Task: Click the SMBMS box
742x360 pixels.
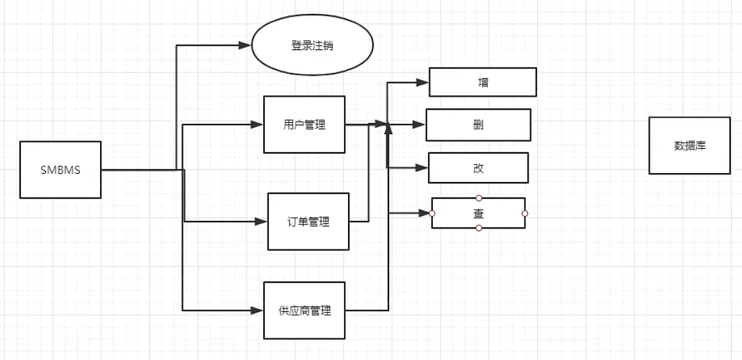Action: [x=60, y=170]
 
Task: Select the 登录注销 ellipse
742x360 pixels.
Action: [x=312, y=46]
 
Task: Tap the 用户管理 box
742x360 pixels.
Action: [x=304, y=124]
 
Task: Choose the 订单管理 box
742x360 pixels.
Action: [x=308, y=222]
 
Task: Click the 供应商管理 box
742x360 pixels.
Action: [x=304, y=310]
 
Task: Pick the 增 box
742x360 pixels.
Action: [x=483, y=82]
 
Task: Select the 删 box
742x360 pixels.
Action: [x=478, y=125]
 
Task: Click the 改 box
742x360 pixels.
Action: [x=478, y=168]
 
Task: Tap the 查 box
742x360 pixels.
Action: [x=478, y=213]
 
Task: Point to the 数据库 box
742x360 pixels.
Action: [x=689, y=145]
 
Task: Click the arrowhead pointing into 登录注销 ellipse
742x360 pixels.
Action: [x=245, y=45]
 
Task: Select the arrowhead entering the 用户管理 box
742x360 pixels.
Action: [x=258, y=125]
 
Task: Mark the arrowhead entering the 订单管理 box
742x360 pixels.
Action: [x=261, y=222]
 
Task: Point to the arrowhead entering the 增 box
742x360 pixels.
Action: [x=422, y=82]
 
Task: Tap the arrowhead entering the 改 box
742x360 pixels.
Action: [x=422, y=168]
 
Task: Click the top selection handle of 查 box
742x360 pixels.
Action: [x=479, y=198]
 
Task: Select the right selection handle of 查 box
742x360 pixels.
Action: [x=525, y=213]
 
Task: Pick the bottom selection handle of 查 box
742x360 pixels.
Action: [x=479, y=228]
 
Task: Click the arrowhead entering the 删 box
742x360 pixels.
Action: [x=419, y=125]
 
